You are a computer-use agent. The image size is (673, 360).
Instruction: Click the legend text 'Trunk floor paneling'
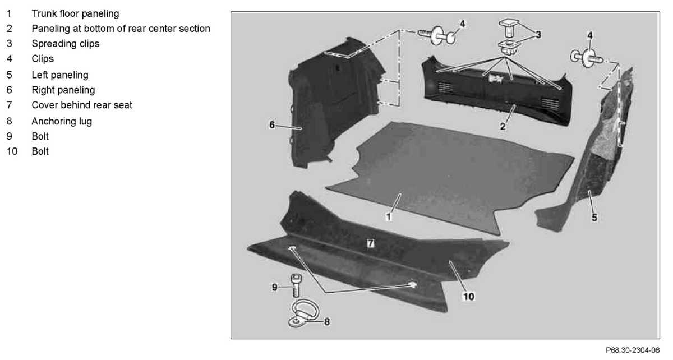click(x=75, y=13)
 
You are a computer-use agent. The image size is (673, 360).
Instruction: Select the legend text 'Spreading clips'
click(x=65, y=43)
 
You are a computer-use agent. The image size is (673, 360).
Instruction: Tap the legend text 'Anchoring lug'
click(x=62, y=121)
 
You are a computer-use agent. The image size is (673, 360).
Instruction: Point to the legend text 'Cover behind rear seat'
click(x=82, y=105)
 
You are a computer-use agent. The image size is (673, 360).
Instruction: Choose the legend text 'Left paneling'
click(x=60, y=75)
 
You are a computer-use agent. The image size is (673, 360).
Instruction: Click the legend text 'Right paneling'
click(x=63, y=90)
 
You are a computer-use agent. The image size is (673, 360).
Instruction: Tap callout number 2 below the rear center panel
click(x=503, y=127)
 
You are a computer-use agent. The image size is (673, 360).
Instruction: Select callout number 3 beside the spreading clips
click(x=538, y=35)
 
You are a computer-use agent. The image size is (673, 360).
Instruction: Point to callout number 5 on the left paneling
click(x=594, y=216)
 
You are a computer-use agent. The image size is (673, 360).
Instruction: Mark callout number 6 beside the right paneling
click(x=272, y=124)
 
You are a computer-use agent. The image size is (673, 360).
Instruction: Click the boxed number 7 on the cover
click(x=370, y=243)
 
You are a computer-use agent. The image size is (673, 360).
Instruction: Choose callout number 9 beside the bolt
click(x=275, y=287)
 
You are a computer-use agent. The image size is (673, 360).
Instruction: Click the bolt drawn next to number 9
click(x=296, y=286)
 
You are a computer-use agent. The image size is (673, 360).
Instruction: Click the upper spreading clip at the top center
click(x=509, y=26)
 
